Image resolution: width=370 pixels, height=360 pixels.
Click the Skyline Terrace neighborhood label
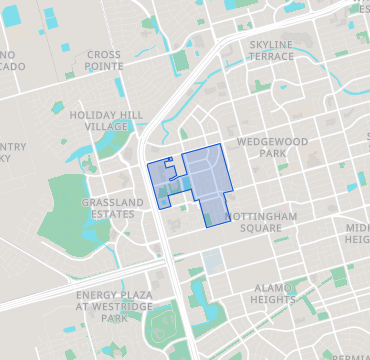coord(271,50)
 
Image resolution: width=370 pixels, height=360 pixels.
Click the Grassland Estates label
coord(107,207)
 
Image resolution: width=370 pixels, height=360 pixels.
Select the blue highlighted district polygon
coord(205,180)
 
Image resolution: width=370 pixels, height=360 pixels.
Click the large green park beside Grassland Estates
coord(65,205)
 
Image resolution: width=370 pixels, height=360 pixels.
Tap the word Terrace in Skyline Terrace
coord(271,56)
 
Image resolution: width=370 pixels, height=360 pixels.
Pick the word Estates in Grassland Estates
coord(107,213)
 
